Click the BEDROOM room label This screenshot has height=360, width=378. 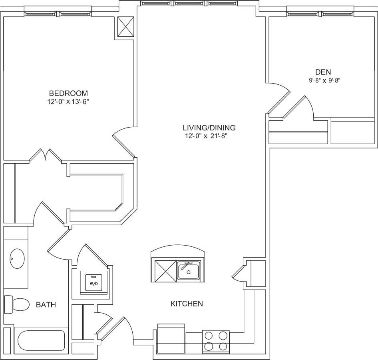[x=68, y=93]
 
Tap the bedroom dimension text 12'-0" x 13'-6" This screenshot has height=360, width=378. [x=68, y=102]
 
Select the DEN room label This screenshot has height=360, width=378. [x=323, y=72]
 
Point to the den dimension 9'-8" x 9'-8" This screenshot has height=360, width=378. [x=324, y=80]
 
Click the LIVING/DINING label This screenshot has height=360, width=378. [x=209, y=128]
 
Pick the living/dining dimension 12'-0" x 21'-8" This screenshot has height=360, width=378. [x=209, y=136]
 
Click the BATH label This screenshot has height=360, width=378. [x=46, y=305]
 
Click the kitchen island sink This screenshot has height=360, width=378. [x=189, y=271]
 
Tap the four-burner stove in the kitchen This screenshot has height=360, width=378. [x=216, y=341]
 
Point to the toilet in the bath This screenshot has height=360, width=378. [x=18, y=305]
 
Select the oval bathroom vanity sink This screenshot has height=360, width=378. [x=17, y=259]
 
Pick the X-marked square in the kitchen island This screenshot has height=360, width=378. [x=165, y=271]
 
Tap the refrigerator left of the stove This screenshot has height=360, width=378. [x=171, y=339]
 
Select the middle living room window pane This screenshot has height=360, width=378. [x=190, y=4]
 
